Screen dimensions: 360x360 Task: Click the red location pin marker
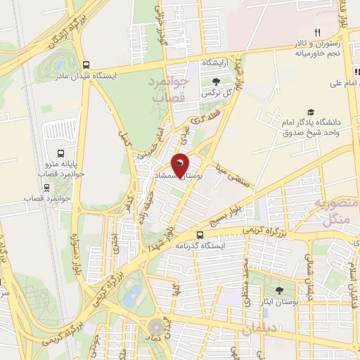181,166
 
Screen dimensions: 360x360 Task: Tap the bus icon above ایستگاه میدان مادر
85,63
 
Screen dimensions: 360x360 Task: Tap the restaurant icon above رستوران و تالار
317,32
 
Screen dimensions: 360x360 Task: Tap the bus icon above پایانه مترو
59,153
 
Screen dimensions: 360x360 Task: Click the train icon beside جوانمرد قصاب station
46,188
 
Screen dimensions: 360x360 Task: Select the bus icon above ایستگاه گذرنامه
200,235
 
